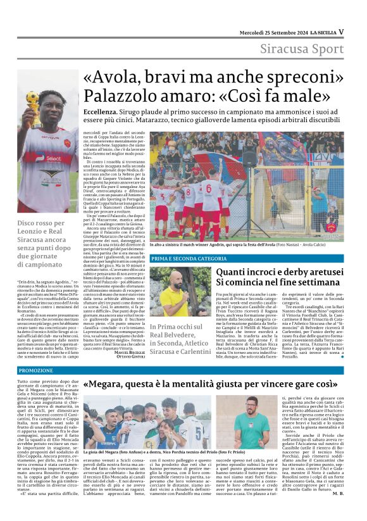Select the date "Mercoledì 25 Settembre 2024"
274,32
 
